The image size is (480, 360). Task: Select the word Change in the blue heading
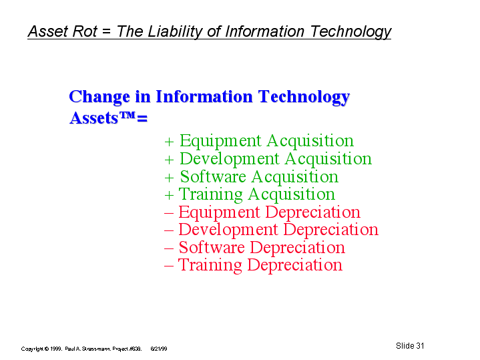99,97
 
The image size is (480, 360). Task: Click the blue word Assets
93,118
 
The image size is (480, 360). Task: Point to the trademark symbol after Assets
127,115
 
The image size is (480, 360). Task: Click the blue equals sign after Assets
142,119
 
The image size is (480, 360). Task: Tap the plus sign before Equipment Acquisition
169,142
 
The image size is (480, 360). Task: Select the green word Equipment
220,141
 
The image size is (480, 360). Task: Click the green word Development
229,160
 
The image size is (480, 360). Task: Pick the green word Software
213,177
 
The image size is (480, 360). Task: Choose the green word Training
210,195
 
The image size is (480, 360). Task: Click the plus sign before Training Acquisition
169,195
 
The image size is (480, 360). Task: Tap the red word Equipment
219,212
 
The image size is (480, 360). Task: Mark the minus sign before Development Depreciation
169,230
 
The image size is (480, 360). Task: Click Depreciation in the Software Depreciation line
298,248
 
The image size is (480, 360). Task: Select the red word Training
210,265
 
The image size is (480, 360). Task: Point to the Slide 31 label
410,346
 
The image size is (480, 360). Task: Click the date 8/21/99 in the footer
159,349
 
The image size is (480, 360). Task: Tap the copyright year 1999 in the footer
56,349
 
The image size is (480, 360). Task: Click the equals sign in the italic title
107,32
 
